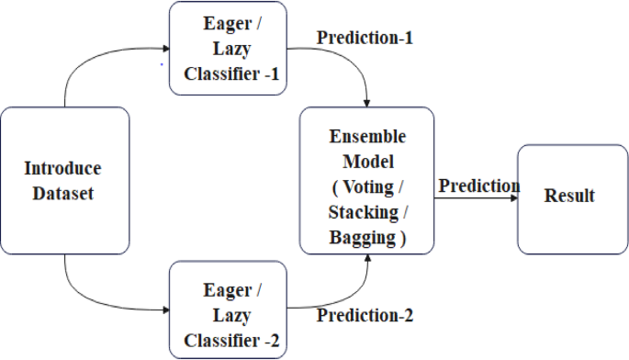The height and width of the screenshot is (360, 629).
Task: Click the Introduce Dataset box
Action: click(63, 181)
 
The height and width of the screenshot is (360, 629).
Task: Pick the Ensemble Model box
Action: click(366, 180)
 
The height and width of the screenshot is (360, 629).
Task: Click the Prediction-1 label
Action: click(365, 39)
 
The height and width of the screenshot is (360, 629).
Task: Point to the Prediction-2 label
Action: click(365, 316)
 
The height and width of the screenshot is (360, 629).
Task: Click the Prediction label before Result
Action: click(478, 186)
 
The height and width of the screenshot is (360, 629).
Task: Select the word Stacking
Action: click(366, 211)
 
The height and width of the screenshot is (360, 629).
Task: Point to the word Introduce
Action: click(62, 169)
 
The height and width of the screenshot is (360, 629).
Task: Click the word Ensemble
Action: click(366, 135)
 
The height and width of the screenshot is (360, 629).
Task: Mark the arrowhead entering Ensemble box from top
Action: click(368, 101)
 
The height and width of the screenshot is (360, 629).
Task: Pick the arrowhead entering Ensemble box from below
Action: click(368, 261)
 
